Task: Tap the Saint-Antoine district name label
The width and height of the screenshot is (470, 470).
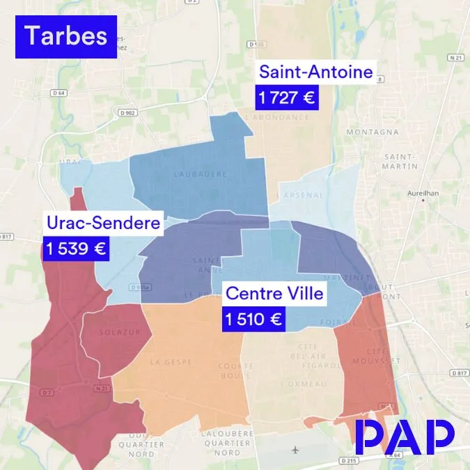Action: (315, 72)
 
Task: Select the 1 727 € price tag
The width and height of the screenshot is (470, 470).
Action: (286, 98)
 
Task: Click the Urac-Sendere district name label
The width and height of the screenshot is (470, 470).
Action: (103, 223)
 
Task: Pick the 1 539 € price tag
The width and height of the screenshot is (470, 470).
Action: (76, 248)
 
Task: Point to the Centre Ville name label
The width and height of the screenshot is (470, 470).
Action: (274, 293)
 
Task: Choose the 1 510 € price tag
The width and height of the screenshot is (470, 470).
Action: (253, 320)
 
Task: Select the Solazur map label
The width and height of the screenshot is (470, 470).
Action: (116, 331)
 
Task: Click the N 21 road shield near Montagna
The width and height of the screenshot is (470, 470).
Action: (455, 57)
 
